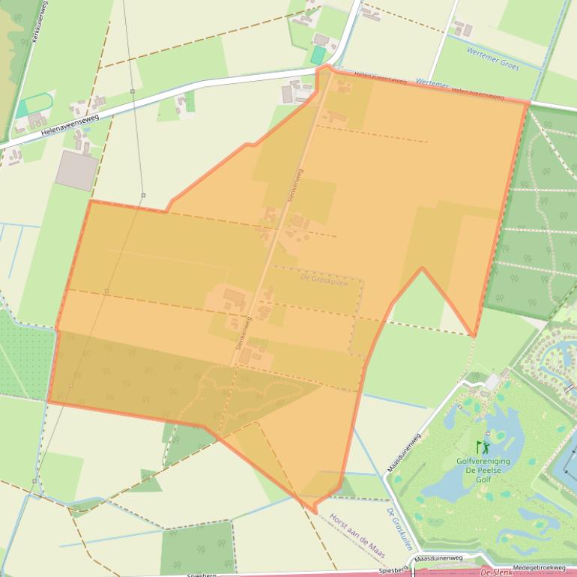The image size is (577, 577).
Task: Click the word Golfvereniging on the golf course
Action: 483,462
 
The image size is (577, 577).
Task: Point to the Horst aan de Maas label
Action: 357,537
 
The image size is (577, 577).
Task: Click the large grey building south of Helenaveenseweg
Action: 76,169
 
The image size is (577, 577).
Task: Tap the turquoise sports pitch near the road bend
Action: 318,55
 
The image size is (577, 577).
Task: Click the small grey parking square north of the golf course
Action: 492,382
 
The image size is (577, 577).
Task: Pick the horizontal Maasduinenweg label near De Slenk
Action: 439,559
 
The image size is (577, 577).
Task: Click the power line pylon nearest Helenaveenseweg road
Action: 133,91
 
